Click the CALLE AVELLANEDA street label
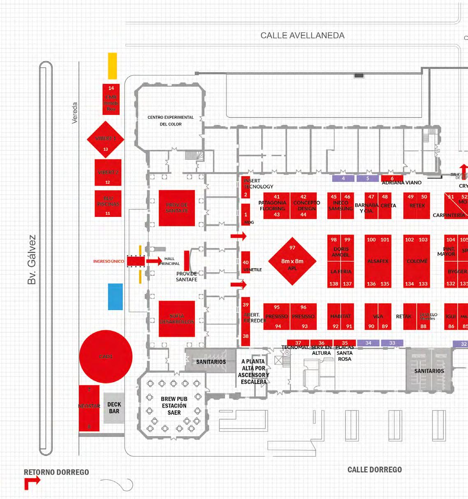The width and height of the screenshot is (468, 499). click(x=302, y=36)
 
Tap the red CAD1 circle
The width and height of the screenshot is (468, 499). click(x=106, y=356)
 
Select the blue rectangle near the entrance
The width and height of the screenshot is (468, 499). click(x=115, y=296)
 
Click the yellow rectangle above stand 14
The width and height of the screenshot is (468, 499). click(x=112, y=66)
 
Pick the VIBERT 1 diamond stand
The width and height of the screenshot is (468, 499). click(x=106, y=139)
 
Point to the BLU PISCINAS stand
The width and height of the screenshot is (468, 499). click(x=108, y=203)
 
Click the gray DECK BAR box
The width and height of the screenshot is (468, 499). click(x=114, y=408)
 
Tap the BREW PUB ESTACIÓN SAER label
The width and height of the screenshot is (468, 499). click(x=174, y=405)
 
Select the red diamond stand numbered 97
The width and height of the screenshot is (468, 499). click(x=292, y=261)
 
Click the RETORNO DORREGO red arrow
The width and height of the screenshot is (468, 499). click(x=31, y=483)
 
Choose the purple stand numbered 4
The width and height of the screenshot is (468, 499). click(x=343, y=179)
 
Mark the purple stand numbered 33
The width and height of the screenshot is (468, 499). click(x=392, y=343)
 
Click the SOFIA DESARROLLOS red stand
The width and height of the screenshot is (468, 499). click(x=177, y=319)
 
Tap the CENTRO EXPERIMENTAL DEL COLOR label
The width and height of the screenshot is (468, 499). click(x=170, y=120)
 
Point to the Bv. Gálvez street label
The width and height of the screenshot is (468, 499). click(x=31, y=260)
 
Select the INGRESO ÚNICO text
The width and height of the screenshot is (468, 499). click(x=108, y=261)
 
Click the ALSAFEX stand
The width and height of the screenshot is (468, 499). click(x=378, y=261)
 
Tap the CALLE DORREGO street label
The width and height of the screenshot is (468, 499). click(x=374, y=469)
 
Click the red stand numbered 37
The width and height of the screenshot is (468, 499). click(x=298, y=343)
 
